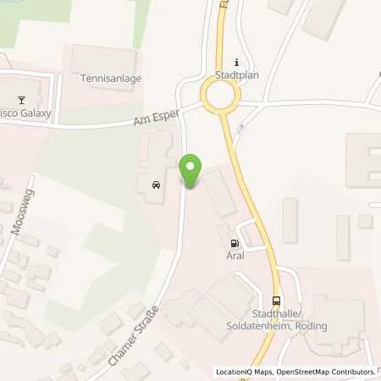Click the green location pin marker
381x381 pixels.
[x=191, y=172]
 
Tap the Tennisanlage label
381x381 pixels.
[x=111, y=79]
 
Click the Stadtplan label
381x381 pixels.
[x=236, y=75]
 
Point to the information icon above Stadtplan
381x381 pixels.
[x=236, y=62]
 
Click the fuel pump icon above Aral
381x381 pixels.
[x=234, y=243]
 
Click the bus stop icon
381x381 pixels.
[x=277, y=301]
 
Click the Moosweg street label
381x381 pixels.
[x=18, y=217]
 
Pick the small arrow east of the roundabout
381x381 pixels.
[x=240, y=129]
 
